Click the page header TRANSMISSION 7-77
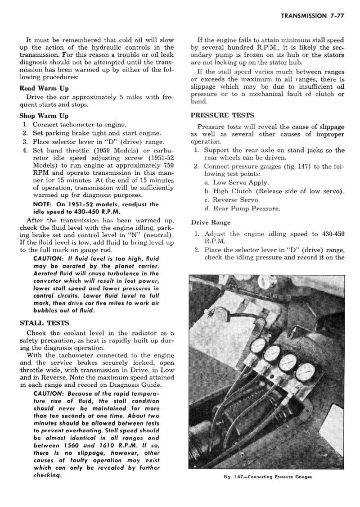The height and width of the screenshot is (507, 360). pos(312,16)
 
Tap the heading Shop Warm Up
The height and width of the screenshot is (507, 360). pos(45,116)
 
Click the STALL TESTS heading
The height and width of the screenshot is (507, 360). pos(45,323)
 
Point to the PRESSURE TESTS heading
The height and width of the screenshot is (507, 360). pos(222,115)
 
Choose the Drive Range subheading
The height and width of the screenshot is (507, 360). pos(211,222)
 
